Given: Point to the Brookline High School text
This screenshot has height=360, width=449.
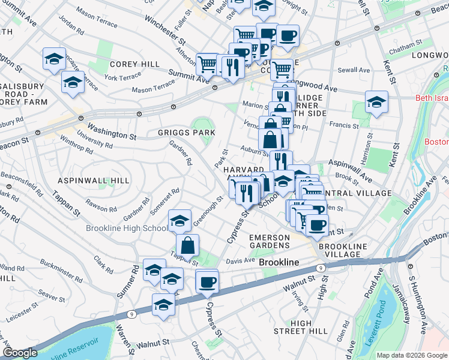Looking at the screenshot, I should coord(127,229).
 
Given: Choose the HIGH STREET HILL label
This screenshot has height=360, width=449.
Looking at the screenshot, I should coord(301,327).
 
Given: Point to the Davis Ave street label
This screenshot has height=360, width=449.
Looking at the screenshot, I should coord(241,261).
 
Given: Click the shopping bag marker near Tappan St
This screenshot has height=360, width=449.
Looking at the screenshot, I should coord(188,245).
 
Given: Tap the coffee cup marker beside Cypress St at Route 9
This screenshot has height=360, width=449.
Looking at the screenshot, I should coord(208,281).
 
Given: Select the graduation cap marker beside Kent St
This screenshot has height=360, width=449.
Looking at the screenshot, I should coord(376,102).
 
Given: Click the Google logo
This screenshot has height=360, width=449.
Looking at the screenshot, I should coord(20,353).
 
